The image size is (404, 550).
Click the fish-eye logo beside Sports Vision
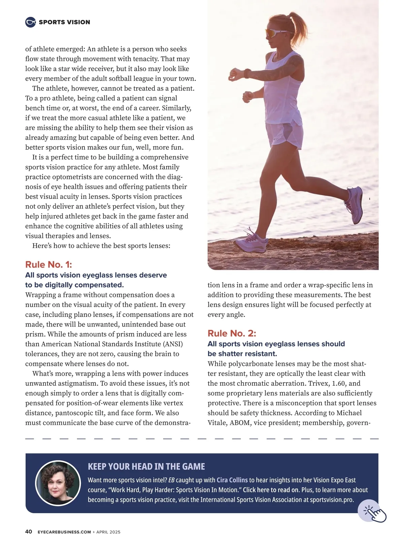(x=30, y=22)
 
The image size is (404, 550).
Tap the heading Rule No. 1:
(x=48, y=264)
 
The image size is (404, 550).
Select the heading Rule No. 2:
(x=232, y=333)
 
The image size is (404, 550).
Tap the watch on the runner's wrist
(x=247, y=73)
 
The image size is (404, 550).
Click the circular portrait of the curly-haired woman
(x=58, y=483)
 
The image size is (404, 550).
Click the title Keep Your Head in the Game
(x=146, y=467)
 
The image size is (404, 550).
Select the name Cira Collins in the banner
(x=232, y=480)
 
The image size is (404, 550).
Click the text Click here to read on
(x=271, y=490)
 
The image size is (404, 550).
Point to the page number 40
(x=29, y=532)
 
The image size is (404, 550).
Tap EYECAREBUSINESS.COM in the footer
(x=64, y=532)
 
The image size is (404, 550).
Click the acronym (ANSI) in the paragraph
(x=173, y=344)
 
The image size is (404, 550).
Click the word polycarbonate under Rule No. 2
(x=251, y=364)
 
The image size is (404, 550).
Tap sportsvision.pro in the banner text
(x=332, y=499)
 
